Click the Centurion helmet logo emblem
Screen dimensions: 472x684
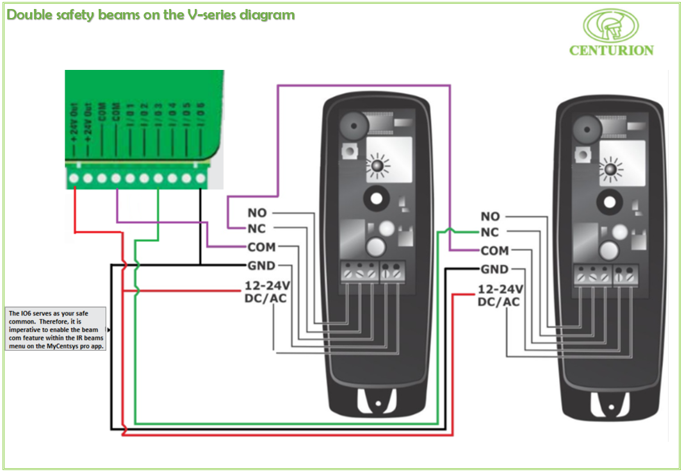pyautogui.click(x=611, y=26)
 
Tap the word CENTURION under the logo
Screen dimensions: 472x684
pyautogui.click(x=611, y=50)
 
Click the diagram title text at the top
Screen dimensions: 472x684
pyautogui.click(x=151, y=15)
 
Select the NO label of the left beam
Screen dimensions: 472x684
pyautogui.click(x=257, y=213)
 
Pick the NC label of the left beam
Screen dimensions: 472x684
pyautogui.click(x=257, y=229)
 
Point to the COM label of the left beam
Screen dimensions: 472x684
pyautogui.click(x=261, y=248)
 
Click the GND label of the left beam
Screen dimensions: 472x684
pyautogui.click(x=261, y=265)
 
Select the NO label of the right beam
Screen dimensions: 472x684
pyautogui.click(x=490, y=217)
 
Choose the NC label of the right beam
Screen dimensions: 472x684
pyautogui.click(x=490, y=233)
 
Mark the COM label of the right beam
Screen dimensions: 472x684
pyautogui.click(x=494, y=251)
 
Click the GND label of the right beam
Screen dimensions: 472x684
pyautogui.click(x=494, y=269)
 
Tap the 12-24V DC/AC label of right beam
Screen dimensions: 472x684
pyautogui.click(x=500, y=295)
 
